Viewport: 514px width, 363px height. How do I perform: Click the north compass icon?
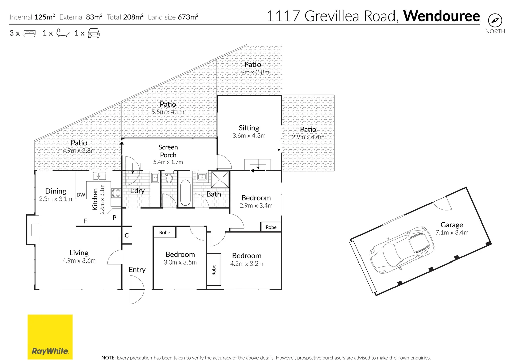pyautogui.click(x=495, y=21)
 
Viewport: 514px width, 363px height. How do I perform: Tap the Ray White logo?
pyautogui.click(x=50, y=337)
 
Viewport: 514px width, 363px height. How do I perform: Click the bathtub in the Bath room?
pyautogui.click(x=185, y=193)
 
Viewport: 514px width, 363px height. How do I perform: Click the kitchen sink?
pyautogui.click(x=99, y=176)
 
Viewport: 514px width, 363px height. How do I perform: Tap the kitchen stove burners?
pyautogui.click(x=116, y=193)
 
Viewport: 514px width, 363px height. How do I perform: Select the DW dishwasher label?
pyautogui.click(x=81, y=195)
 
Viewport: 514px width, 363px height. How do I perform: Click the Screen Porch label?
pyautogui.click(x=168, y=151)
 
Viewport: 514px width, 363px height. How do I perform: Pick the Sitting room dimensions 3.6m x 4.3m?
pyautogui.click(x=249, y=136)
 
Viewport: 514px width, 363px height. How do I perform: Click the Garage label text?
pyautogui.click(x=452, y=225)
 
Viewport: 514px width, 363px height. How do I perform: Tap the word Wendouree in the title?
pyautogui.click(x=441, y=16)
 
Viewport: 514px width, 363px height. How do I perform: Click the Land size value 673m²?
pyautogui.click(x=188, y=17)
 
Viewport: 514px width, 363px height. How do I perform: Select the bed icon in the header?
pyautogui.click(x=30, y=33)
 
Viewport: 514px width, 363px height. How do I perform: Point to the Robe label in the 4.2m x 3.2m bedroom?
pyautogui.click(x=214, y=270)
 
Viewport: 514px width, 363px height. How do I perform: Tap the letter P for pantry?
pyautogui.click(x=114, y=218)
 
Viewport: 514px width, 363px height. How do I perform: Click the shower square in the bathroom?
pyautogui.click(x=220, y=179)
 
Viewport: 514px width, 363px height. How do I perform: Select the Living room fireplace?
pyautogui.click(x=33, y=230)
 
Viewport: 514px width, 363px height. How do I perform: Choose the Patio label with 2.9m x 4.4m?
pyautogui.click(x=308, y=129)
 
